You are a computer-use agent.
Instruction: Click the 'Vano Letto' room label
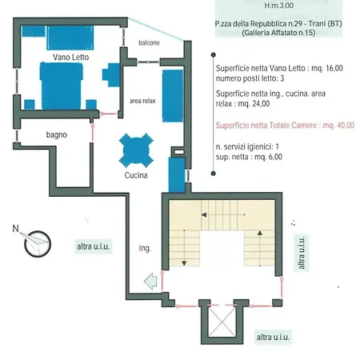[70, 57]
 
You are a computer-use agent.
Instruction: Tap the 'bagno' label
[57, 134]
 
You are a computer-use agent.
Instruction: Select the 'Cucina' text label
[136, 175]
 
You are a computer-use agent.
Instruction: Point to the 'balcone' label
[149, 42]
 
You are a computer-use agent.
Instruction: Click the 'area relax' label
[142, 101]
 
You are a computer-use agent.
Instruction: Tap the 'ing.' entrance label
[145, 248]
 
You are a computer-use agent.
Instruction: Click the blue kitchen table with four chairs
[136, 150]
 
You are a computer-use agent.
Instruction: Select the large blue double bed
[61, 86]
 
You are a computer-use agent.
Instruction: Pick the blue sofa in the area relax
[173, 96]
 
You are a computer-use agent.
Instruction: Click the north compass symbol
[38, 244]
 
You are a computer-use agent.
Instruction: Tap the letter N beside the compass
[16, 229]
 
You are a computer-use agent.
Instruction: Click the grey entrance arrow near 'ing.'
[150, 281]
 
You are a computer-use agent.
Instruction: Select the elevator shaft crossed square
[222, 322]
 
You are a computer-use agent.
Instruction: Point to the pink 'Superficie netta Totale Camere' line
[285, 126]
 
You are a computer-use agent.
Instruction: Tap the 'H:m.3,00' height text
[279, 6]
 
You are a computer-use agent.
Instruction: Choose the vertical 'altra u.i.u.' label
[302, 253]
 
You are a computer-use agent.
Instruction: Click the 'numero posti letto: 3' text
[250, 78]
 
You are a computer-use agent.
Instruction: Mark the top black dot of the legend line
[214, 55]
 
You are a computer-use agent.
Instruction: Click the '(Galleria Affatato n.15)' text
[278, 33]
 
